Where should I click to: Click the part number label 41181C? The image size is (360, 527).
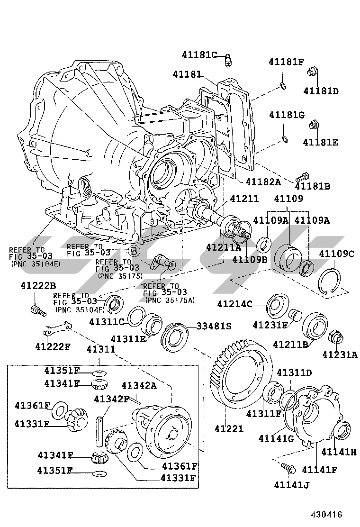coord(199,55)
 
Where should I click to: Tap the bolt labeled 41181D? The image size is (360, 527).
coord(313,73)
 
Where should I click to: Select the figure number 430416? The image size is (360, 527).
coord(326,514)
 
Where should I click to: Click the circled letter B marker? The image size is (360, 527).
coord(135,251)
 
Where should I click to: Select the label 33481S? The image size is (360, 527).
coord(214,327)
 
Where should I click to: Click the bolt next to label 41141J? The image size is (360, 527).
coord(288,468)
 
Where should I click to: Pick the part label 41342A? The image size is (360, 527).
coord(139,385)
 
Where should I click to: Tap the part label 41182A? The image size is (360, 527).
coord(263,182)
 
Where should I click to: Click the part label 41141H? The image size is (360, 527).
coord(338,452)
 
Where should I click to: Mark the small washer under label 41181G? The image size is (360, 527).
coord(284,138)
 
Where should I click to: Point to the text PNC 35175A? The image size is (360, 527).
coord(170,300)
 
